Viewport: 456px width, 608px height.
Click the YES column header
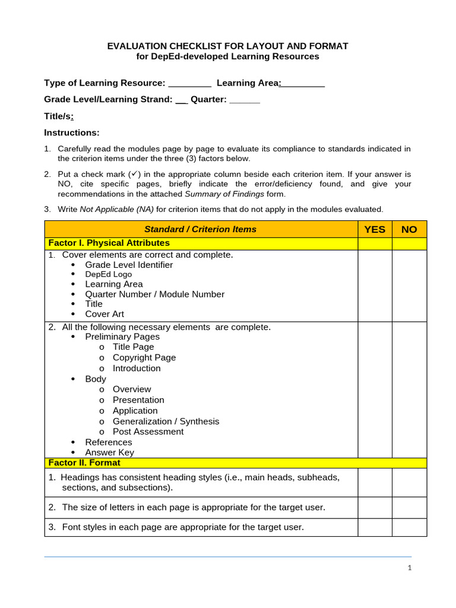(375, 229)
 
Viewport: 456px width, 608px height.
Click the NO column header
(409, 229)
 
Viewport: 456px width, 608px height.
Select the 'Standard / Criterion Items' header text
(201, 229)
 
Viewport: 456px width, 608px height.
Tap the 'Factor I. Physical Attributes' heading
(109, 243)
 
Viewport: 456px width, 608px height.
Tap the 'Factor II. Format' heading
(84, 463)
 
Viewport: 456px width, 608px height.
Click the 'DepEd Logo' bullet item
(108, 274)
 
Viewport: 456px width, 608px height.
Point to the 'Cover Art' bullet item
(104, 313)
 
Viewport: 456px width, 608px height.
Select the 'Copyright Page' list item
(144, 357)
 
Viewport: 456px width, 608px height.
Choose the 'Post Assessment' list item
(148, 432)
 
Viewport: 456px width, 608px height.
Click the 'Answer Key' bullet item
(109, 452)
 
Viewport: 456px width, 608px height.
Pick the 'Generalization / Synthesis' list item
(166, 421)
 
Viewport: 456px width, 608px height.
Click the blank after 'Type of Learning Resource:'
(190, 84)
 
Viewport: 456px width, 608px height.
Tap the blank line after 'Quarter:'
(245, 100)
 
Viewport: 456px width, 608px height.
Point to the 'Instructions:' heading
(72, 132)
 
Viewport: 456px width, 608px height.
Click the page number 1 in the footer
(410, 568)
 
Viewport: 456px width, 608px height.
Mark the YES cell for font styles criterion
(375, 527)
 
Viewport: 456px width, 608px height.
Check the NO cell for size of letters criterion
(409, 508)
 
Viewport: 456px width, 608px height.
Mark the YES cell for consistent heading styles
(375, 483)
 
